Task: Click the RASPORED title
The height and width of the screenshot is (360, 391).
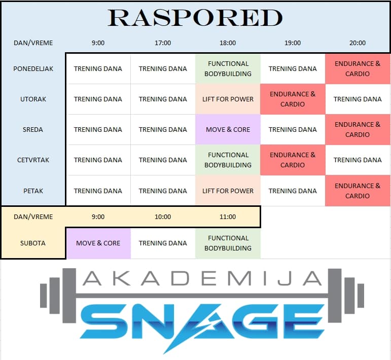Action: tap(195, 18)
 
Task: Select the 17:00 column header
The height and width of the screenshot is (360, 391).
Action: tap(163, 43)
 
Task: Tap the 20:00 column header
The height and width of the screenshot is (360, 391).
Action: tap(358, 43)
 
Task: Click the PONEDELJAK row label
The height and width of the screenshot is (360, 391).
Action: tap(33, 69)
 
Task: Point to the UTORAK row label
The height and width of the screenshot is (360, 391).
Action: tap(33, 99)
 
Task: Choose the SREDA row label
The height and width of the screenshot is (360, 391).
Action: tap(33, 130)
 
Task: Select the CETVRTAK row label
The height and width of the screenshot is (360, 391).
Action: tap(33, 160)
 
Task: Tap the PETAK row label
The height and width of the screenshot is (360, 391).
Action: tap(33, 191)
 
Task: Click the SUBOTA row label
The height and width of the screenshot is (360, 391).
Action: tap(33, 243)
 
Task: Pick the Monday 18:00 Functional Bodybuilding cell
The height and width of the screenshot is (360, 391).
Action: tap(228, 69)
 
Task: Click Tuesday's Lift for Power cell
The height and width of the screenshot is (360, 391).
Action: tap(228, 99)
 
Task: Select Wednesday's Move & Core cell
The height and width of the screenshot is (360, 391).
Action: tap(228, 130)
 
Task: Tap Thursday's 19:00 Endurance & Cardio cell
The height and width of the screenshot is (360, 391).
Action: tap(293, 160)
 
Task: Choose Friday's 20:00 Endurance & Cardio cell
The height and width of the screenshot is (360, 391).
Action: tap(358, 191)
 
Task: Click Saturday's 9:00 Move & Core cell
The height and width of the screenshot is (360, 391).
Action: tap(98, 243)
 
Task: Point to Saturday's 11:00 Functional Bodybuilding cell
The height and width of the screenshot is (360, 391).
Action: tap(228, 243)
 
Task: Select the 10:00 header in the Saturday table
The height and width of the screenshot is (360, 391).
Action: tap(163, 217)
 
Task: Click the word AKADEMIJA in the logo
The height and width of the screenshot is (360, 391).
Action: tap(202, 278)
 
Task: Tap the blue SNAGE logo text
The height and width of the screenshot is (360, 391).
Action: tap(202, 324)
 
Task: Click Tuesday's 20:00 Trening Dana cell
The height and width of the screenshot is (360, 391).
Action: tap(358, 99)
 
